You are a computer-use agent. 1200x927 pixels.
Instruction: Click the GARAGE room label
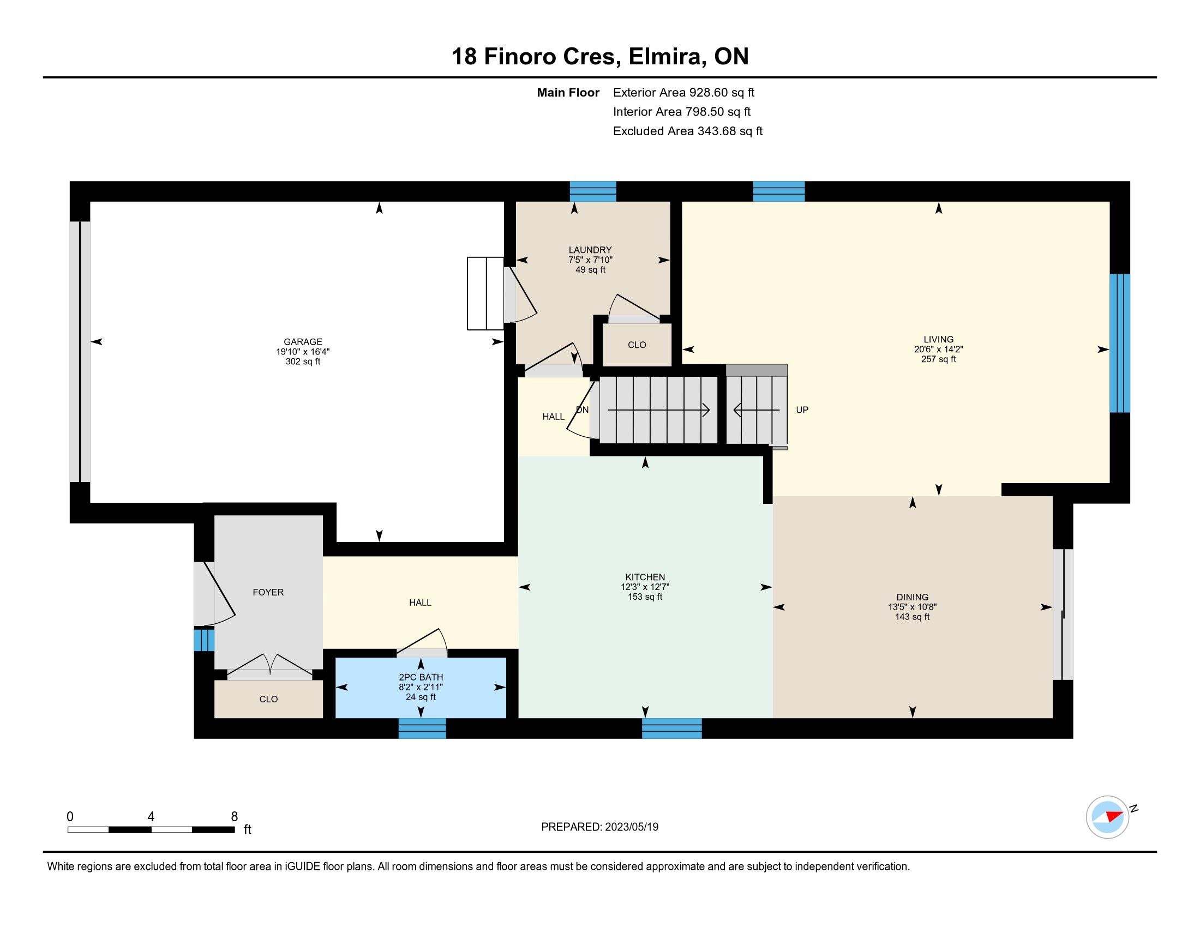click(x=303, y=341)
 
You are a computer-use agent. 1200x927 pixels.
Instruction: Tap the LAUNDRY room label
click(x=590, y=250)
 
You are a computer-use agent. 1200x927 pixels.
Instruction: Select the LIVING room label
click(x=939, y=339)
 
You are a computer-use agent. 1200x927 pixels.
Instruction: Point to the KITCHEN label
click(x=645, y=577)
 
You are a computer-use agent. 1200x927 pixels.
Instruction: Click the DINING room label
click(x=912, y=597)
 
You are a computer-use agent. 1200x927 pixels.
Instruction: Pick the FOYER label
click(x=268, y=592)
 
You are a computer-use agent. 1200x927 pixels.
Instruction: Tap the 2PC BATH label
click(x=421, y=677)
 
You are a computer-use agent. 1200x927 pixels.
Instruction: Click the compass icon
click(x=1108, y=817)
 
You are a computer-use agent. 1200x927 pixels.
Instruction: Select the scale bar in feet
click(x=151, y=829)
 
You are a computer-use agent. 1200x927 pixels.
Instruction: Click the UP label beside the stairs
click(x=802, y=410)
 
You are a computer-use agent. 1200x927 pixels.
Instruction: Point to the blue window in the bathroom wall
click(x=422, y=728)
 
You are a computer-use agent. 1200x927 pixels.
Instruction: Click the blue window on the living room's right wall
click(x=1119, y=343)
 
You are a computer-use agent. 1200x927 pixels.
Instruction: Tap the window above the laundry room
click(x=593, y=191)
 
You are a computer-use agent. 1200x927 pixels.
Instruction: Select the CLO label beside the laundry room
click(x=637, y=345)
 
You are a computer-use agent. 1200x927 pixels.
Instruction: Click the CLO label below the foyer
click(x=269, y=699)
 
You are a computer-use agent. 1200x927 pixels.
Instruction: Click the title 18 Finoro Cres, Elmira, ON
click(x=600, y=57)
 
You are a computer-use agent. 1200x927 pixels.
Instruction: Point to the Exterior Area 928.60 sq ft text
click(x=683, y=92)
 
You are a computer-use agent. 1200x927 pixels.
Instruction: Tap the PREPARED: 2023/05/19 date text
click(x=599, y=827)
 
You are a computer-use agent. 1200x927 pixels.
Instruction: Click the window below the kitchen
click(x=672, y=728)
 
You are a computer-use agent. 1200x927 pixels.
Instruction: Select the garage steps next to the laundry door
click(x=485, y=293)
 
